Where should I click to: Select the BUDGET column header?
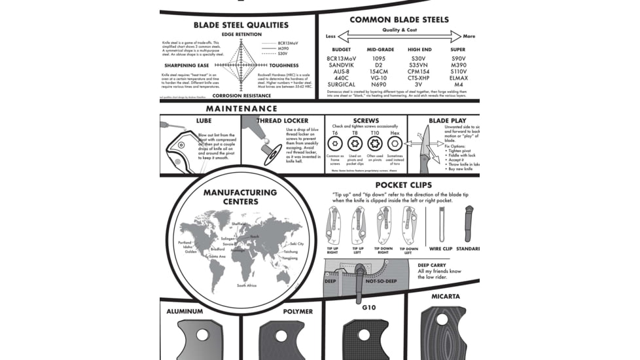341,50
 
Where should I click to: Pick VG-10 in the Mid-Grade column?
379,78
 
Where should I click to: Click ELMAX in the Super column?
459,78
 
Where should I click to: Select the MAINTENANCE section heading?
241,109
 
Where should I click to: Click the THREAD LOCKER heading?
282,121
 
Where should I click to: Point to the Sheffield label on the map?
239,224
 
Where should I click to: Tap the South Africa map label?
246,285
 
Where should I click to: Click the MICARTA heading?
445,297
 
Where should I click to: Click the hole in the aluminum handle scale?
202,334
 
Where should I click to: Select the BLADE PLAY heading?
448,121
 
